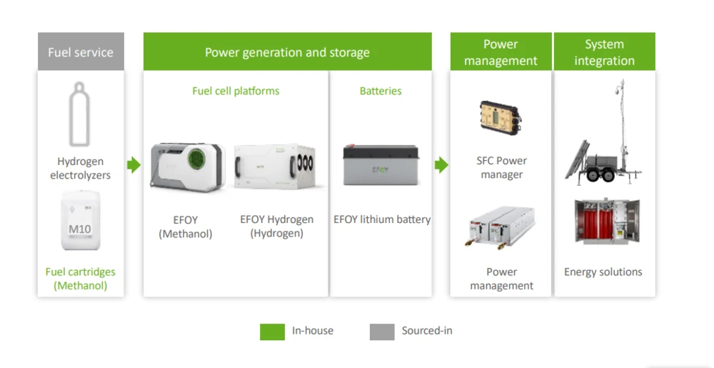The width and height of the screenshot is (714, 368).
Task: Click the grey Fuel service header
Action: [x=81, y=51]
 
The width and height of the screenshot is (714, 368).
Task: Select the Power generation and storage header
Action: [x=287, y=51]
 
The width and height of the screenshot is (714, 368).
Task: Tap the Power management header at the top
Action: [x=501, y=51]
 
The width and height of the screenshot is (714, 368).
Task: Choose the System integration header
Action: [x=604, y=51]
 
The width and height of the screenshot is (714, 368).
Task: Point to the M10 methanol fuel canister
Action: [x=80, y=221]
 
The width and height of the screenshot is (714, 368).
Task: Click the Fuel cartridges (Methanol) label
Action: [x=80, y=279]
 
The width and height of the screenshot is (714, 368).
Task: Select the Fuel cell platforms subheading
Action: [x=236, y=91]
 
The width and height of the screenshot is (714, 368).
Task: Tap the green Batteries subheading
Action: [x=381, y=91]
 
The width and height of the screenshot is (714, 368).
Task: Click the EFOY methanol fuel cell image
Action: [x=187, y=166]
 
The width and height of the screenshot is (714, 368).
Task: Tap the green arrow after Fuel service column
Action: [x=134, y=165]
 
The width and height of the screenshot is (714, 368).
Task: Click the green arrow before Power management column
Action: [x=441, y=165]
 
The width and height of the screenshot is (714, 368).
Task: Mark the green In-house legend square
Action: [x=272, y=332]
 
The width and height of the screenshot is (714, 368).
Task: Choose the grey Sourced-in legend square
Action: [x=382, y=332]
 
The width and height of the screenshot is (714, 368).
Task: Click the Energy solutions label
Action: [x=603, y=272]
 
